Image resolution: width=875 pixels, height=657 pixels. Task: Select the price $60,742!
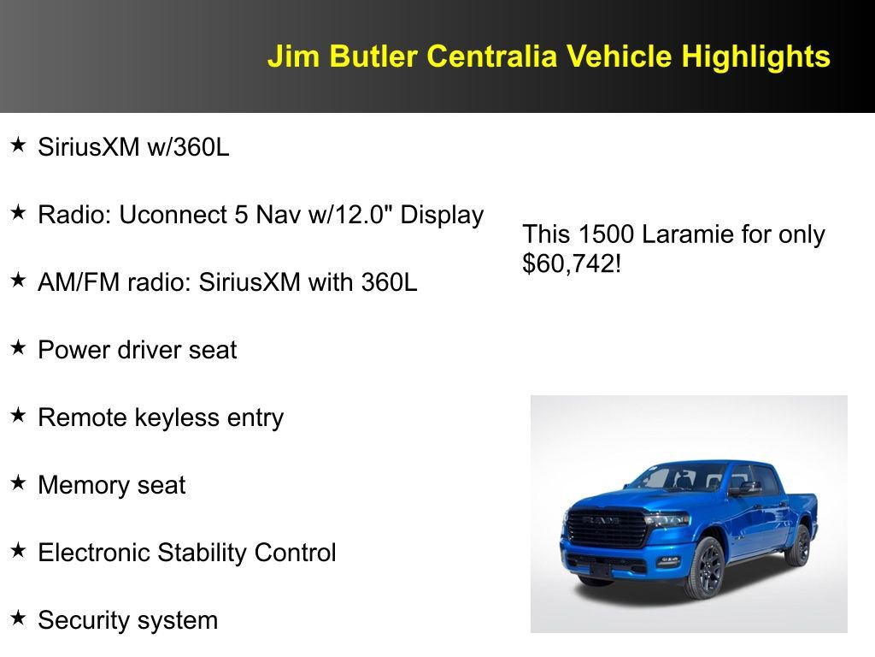click(571, 263)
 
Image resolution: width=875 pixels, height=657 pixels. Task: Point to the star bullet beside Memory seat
click(18, 483)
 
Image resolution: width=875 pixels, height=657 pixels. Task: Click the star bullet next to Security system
click(18, 619)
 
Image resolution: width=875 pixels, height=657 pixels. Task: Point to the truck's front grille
click(608, 528)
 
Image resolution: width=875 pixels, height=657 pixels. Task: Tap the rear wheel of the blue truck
click(799, 546)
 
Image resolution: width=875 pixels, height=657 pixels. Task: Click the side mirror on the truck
click(746, 488)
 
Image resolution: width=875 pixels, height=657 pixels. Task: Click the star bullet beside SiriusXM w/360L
click(18, 145)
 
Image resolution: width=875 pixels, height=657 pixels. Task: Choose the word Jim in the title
click(287, 56)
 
